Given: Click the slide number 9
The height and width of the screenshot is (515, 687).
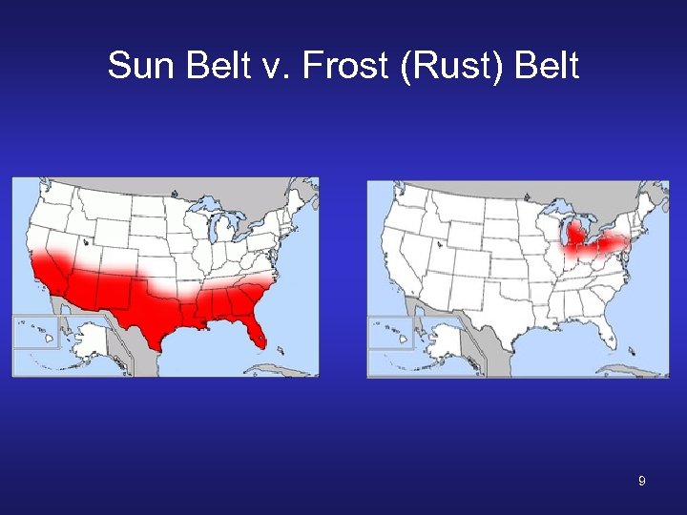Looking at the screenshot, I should (642, 482).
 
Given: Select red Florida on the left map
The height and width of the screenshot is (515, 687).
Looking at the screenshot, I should (255, 330).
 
